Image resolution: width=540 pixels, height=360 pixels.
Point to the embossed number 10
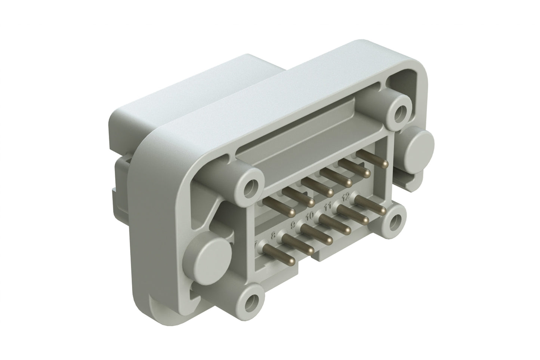[309, 216]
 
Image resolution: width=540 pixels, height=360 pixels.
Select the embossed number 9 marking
[293, 225]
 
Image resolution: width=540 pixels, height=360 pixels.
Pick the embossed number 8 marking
[274, 235]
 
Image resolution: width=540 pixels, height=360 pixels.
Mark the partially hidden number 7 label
[256, 245]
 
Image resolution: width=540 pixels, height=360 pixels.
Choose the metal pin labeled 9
[328, 240]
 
